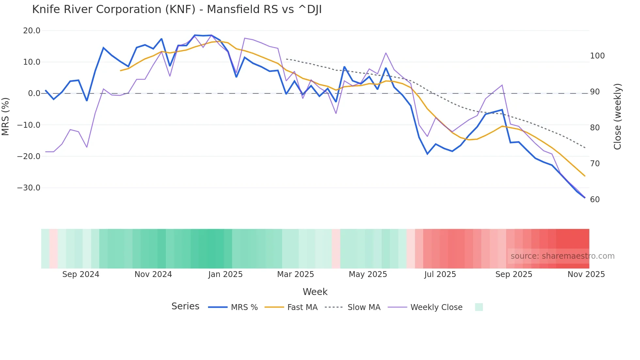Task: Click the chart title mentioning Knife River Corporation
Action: [177, 9]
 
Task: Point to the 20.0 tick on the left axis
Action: [32, 31]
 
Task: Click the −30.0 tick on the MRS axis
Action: [29, 188]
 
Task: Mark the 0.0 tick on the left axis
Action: [34, 93]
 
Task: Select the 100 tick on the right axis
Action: [597, 56]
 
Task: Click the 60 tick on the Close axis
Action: [595, 200]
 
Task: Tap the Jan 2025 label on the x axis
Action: [225, 274]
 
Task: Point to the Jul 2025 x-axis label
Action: [440, 274]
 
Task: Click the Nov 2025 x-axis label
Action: [586, 274]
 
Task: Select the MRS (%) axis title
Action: [6, 116]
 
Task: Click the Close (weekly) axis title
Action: [617, 117]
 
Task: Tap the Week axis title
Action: [315, 292]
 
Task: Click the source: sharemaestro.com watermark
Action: [562, 256]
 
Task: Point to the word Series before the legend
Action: [185, 306]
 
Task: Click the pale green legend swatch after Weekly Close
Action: [479, 307]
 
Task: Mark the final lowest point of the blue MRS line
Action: [584, 198]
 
